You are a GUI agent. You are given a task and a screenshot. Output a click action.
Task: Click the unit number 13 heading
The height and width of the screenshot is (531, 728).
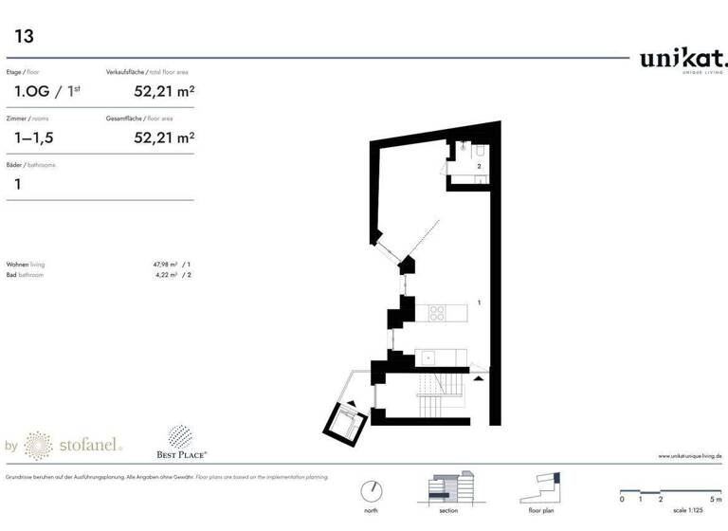(23, 36)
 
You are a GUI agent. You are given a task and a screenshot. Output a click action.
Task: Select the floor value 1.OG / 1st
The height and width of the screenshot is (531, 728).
(45, 92)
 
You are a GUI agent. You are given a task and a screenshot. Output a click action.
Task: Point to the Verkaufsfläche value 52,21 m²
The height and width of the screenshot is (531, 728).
(166, 92)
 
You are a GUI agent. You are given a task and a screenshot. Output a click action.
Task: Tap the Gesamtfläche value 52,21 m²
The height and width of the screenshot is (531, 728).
(166, 138)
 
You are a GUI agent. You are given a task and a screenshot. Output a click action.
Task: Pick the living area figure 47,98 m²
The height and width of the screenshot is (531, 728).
(169, 265)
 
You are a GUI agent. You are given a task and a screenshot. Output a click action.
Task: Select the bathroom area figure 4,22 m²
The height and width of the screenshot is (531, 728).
(170, 274)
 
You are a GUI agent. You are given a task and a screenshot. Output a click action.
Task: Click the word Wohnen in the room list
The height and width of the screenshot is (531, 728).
(16, 265)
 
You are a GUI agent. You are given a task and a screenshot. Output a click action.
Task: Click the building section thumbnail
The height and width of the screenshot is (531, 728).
(451, 489)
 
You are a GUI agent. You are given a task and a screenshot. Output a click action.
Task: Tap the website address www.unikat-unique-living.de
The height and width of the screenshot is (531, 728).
(690, 456)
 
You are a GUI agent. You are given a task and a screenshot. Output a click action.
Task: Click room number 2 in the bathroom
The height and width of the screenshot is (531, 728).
(480, 166)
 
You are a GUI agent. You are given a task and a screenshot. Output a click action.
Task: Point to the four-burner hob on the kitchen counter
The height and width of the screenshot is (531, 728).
(437, 312)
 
